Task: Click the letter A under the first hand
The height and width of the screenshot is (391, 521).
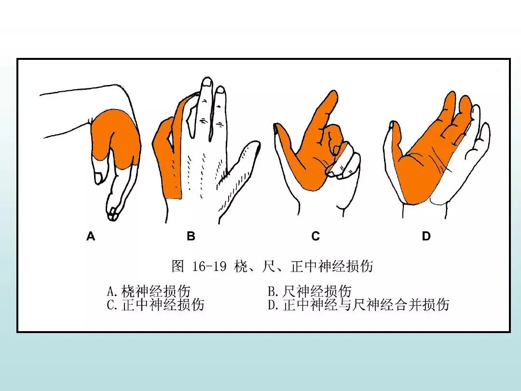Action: pos(91,236)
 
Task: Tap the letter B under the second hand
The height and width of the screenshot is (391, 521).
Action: pos(191,236)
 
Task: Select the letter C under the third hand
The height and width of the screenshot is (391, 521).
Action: pos(315,236)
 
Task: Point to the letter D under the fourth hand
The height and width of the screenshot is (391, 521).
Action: pos(426,236)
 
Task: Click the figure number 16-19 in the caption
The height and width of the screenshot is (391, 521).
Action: pos(209,266)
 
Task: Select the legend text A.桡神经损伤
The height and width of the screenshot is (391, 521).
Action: pos(149,291)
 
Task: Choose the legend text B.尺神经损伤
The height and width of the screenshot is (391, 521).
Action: pos(310,291)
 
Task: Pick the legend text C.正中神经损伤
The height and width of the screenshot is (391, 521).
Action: pos(155,305)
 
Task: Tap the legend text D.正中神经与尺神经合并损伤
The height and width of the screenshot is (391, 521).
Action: pos(358,305)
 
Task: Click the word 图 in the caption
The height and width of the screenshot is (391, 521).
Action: pos(178,266)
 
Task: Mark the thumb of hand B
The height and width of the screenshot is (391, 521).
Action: pos(239,180)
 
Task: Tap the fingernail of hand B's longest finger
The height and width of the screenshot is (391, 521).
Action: pos(207,82)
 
